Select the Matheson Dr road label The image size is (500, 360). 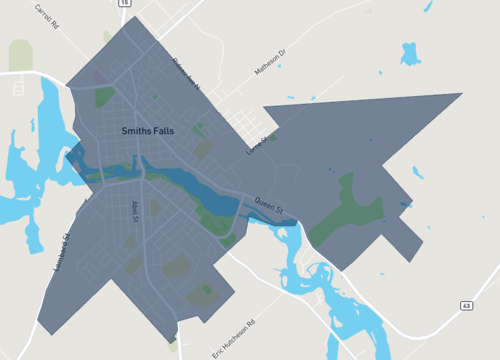pos(270,65)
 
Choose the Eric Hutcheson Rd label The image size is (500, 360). pos(234,339)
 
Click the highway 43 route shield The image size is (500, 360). pos(466,305)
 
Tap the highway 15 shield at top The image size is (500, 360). pos(123,4)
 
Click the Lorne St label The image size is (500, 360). pos(258,146)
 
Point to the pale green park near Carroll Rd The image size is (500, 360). pos(21,55)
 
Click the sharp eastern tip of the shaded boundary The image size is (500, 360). pos(461,94)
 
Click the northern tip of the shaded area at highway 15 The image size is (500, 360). pos(129,17)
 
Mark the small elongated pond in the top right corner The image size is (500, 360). pos(429,8)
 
